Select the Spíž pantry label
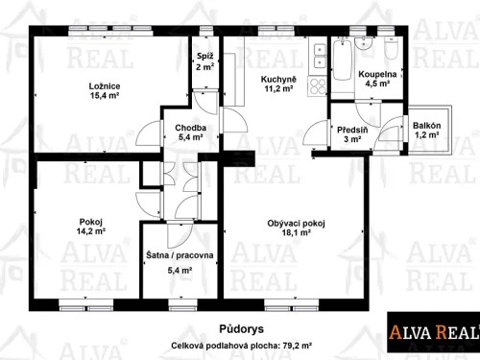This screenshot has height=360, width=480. tap(204, 57)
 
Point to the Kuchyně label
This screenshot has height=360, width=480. tap(279, 80)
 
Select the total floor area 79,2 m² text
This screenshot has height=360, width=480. tap(241, 343)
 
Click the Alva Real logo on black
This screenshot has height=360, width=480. tap(431, 332)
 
